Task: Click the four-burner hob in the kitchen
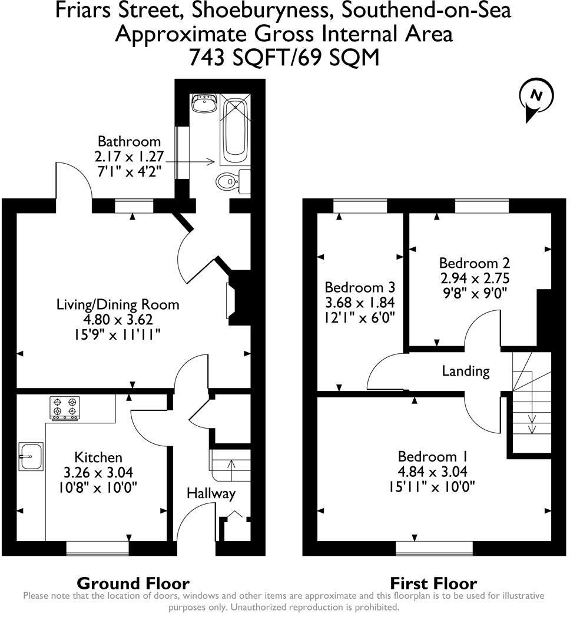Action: [65, 407]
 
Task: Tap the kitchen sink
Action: [31, 456]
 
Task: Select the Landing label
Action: [466, 371]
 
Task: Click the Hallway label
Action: [211, 493]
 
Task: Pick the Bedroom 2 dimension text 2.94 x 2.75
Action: [474, 278]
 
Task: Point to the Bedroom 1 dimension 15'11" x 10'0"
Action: [432, 486]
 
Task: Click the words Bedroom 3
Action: [359, 288]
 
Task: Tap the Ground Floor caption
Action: [133, 583]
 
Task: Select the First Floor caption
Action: [433, 583]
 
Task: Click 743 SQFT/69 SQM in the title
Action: [284, 58]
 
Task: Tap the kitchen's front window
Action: [97, 548]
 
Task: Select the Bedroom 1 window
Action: [433, 548]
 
